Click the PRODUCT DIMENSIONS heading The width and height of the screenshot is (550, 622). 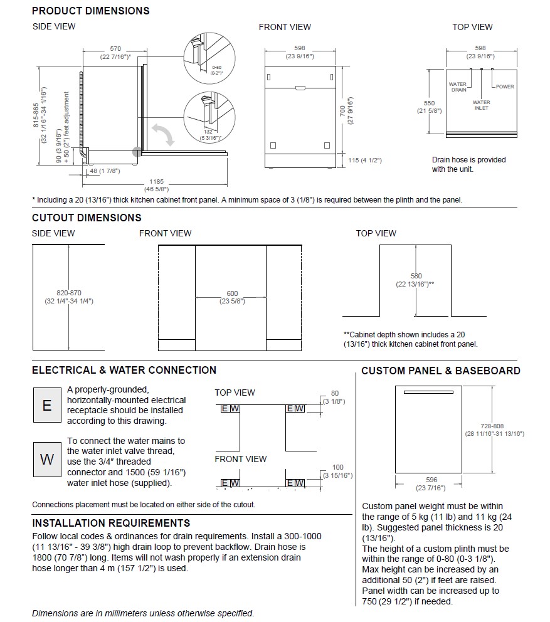90,11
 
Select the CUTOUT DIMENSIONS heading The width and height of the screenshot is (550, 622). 87,218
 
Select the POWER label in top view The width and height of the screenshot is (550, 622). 505,87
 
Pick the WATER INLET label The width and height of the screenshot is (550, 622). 482,105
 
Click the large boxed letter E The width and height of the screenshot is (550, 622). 46,404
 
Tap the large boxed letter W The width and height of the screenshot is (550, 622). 46,458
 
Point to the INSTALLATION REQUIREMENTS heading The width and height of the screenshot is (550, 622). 111,523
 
